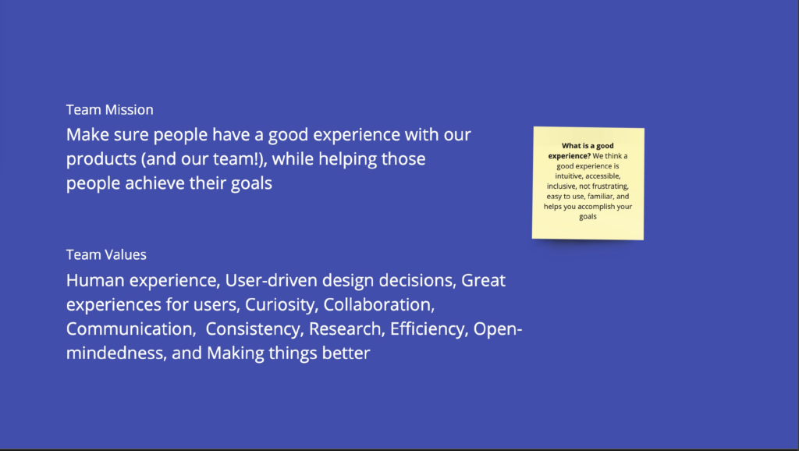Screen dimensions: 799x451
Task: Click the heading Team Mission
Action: click(109, 109)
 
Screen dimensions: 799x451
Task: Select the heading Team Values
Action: click(106, 254)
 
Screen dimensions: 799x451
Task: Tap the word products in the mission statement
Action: click(101, 159)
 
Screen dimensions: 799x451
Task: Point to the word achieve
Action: click(154, 183)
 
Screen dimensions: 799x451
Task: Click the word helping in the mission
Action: click(347, 159)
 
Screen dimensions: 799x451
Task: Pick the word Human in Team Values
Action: click(95, 280)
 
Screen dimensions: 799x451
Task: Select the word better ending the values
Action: click(346, 353)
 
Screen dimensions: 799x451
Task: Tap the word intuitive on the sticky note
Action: click(568, 176)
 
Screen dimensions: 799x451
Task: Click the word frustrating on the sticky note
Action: click(610, 186)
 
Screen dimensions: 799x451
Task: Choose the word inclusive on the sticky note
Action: click(562, 186)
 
